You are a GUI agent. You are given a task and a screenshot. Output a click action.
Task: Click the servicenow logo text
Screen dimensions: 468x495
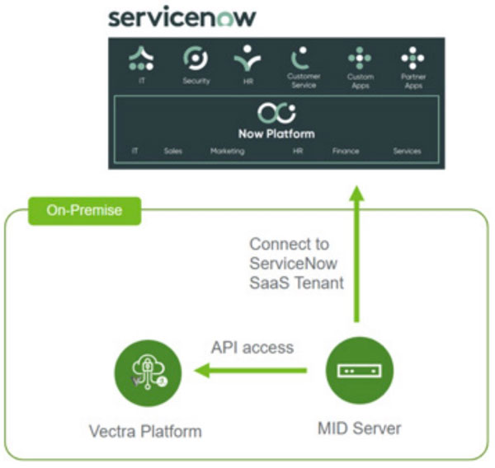point(182,17)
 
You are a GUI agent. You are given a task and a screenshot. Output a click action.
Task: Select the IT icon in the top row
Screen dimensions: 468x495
point(142,58)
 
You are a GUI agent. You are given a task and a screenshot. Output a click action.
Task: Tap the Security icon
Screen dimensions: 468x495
point(196,59)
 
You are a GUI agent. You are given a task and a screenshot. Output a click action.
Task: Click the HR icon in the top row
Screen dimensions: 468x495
point(247,59)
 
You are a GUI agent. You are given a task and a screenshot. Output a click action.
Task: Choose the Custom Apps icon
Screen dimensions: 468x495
point(360,58)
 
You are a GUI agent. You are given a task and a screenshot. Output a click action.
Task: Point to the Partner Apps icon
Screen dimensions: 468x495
point(412,58)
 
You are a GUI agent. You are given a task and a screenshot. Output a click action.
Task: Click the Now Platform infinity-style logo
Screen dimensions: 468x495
point(276,114)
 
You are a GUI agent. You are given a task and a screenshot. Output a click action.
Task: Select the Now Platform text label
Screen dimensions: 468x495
point(276,133)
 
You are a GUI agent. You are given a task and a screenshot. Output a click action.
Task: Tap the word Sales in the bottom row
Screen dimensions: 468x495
point(173,152)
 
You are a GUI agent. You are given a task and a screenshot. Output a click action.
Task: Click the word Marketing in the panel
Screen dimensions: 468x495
point(227,152)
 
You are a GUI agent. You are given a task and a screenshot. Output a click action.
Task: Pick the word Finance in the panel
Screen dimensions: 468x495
point(346,152)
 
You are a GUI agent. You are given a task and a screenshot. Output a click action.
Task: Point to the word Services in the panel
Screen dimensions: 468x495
point(407,152)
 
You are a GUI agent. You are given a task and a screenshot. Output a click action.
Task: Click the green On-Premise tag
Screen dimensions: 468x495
point(84,210)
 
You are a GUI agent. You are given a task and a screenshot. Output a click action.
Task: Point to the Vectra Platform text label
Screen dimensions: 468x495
point(145,430)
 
